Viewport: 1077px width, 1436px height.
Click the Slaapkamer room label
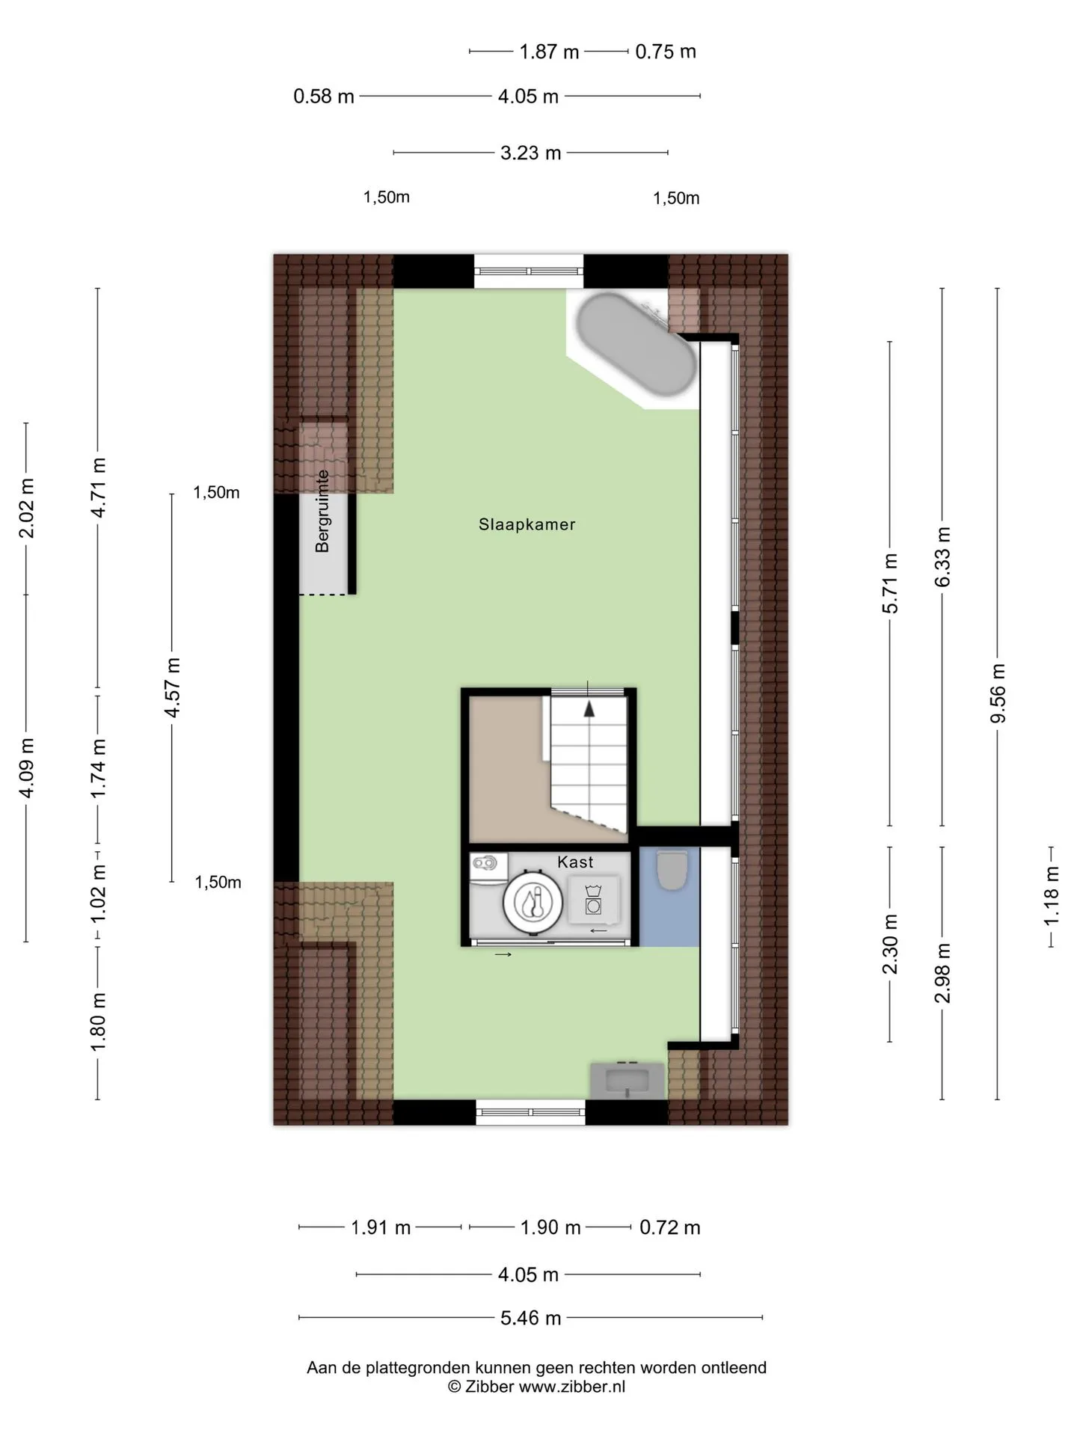527,524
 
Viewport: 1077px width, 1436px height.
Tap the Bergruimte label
322,511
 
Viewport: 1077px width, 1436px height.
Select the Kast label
575,862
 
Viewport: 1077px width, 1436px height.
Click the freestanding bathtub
636,345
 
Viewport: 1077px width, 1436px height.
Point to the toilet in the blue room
672,869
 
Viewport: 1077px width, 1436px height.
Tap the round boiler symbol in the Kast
533,902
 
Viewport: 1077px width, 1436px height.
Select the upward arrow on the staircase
589,709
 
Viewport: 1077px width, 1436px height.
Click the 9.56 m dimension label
998,693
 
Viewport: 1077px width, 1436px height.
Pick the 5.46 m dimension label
530,1318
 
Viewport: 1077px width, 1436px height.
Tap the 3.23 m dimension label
530,153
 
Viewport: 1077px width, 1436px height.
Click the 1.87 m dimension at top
549,52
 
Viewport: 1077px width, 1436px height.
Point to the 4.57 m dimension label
173,687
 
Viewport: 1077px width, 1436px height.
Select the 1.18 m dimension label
1052,895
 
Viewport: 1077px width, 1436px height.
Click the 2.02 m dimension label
26,508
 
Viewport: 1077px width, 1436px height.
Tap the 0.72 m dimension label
670,1227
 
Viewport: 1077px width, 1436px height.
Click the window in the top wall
529,271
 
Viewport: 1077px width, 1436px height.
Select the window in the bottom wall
530,1112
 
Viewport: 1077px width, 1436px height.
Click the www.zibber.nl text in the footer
572,1387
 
